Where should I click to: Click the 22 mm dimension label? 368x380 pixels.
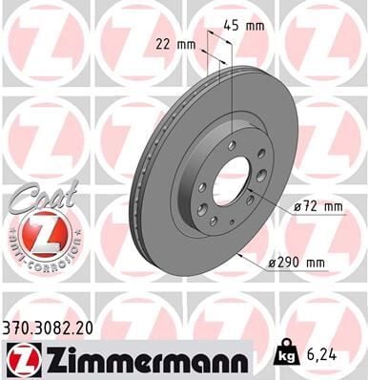click(172, 43)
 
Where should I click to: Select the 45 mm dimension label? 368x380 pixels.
click(249, 26)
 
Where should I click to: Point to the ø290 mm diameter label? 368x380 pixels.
click(305, 262)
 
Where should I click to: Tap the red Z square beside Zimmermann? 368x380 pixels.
click(18, 358)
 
